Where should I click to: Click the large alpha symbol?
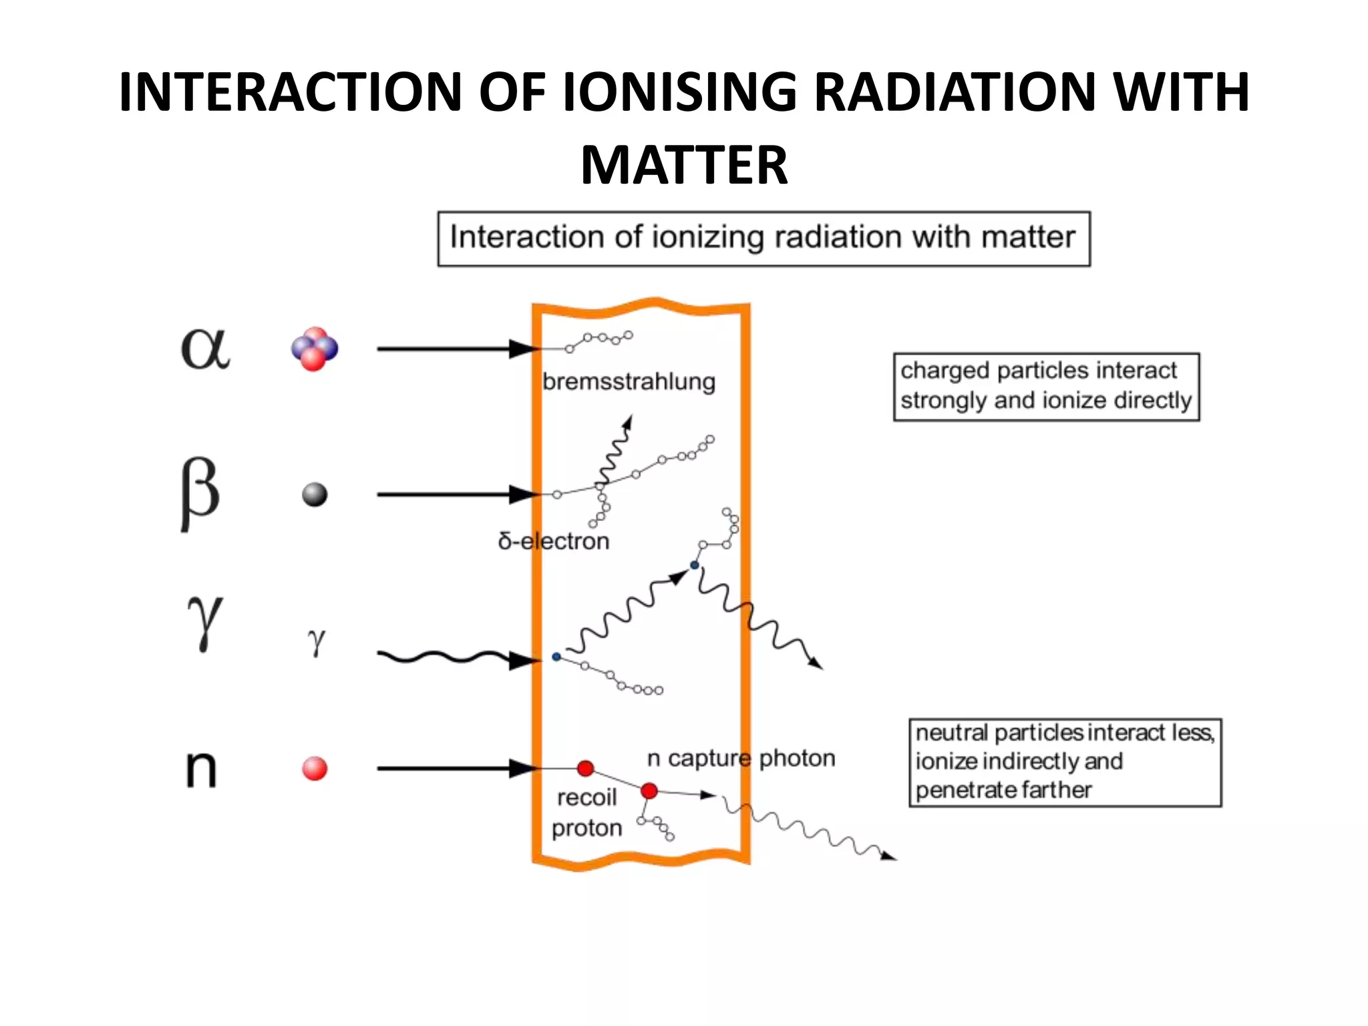(x=205, y=349)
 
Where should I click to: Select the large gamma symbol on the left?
(x=204, y=621)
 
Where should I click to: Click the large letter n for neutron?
(x=201, y=768)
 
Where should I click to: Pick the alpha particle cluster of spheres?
(x=315, y=349)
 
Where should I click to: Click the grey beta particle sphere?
(x=315, y=495)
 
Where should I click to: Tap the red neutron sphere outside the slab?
(x=315, y=769)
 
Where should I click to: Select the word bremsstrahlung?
(x=629, y=382)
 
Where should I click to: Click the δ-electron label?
(x=554, y=541)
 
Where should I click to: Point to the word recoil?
(x=586, y=798)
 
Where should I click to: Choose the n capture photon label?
(x=741, y=758)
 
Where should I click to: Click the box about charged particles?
(x=1046, y=387)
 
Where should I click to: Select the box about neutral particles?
(x=1065, y=762)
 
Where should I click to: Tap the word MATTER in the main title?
(x=684, y=165)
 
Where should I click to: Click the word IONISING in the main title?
(x=680, y=92)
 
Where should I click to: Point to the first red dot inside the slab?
(x=586, y=768)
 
